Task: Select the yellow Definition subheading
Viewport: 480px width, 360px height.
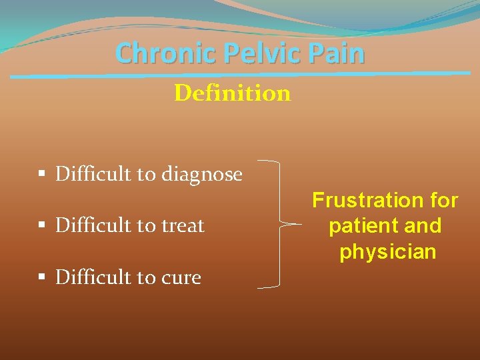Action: (x=232, y=93)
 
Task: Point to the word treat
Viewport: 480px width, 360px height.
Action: (x=181, y=225)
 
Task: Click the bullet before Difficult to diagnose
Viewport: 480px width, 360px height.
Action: (x=41, y=175)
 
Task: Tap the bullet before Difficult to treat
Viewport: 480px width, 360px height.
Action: (x=41, y=225)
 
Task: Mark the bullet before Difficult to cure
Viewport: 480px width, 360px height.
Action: (x=41, y=277)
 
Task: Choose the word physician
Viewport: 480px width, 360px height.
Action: (x=387, y=252)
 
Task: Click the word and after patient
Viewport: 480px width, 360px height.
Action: (x=423, y=226)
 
